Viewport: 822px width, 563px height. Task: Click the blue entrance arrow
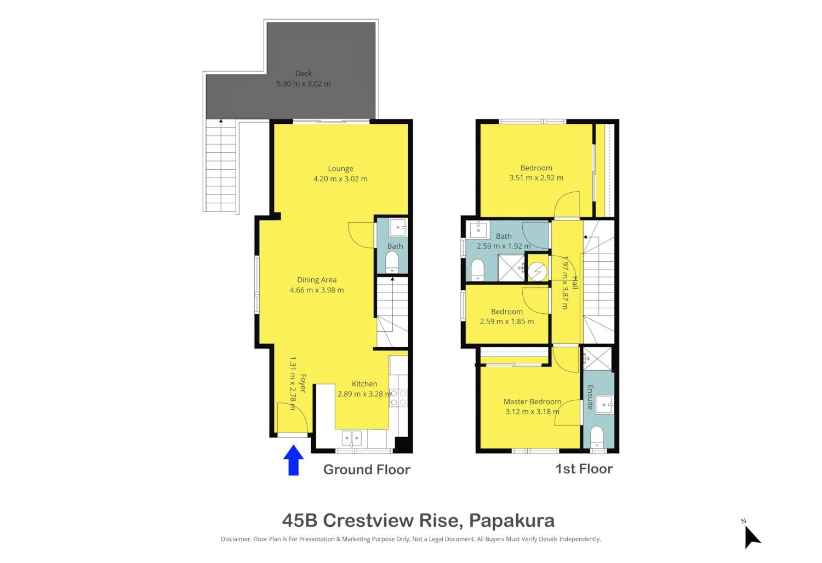pos(293,460)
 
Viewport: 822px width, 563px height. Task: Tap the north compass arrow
pos(752,537)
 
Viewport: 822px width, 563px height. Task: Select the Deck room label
pos(304,73)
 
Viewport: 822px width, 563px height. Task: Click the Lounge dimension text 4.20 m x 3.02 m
pos(340,179)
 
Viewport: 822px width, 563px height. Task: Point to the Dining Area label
pos(317,280)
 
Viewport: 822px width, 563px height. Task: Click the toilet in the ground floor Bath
pos(392,262)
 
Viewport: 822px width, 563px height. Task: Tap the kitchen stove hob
pos(398,398)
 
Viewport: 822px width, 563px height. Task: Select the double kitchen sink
pos(352,438)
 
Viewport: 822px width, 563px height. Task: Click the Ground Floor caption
pos(367,469)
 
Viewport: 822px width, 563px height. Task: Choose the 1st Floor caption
pos(584,469)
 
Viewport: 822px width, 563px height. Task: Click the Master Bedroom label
pos(532,401)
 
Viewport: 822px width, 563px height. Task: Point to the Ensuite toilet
pos(597,436)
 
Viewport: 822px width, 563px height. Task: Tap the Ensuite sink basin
pos(604,405)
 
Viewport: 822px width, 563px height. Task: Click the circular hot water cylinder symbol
pos(538,272)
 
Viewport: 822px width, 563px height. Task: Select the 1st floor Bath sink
pos(478,230)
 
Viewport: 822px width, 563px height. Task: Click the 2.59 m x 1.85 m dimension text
pos(507,321)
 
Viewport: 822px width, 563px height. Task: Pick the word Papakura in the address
pos(511,520)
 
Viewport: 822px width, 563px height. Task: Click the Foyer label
pos(302,383)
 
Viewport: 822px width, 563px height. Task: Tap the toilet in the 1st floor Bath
pos(477,269)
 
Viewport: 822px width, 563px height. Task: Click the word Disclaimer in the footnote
pos(236,539)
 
